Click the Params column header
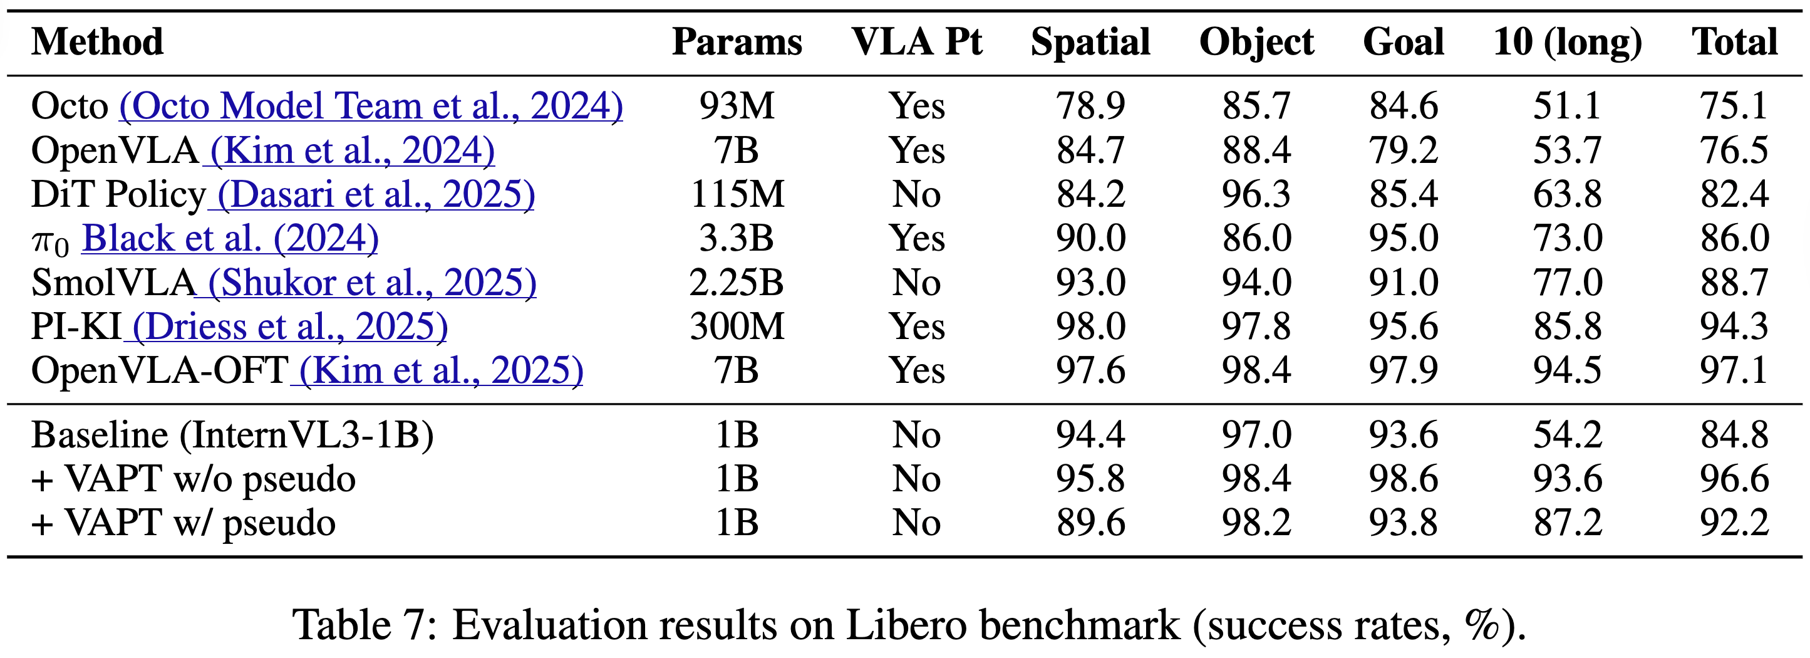(x=737, y=42)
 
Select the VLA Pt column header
(x=916, y=42)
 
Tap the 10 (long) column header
(x=1568, y=42)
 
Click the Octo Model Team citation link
(x=371, y=106)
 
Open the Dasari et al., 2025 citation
(x=376, y=195)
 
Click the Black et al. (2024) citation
(x=230, y=238)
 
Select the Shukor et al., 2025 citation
(x=373, y=283)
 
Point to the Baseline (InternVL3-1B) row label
(x=232, y=435)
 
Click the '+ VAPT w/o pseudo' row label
(x=194, y=479)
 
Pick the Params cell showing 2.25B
(x=737, y=283)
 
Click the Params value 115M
(x=737, y=195)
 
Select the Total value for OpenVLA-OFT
(x=1734, y=370)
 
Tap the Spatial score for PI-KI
(x=1090, y=327)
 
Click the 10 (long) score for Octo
(x=1567, y=106)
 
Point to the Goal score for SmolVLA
(x=1403, y=283)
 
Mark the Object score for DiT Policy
(x=1256, y=195)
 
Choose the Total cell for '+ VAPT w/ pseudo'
(x=1734, y=523)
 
